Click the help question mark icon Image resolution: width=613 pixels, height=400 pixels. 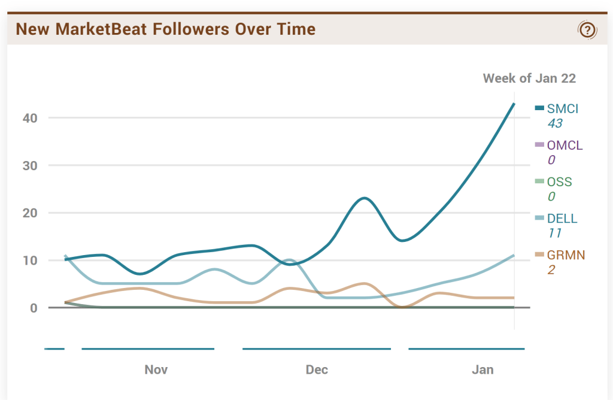pos(587,29)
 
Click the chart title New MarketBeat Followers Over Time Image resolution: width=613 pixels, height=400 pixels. pos(165,29)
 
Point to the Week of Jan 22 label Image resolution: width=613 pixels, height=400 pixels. pos(529,78)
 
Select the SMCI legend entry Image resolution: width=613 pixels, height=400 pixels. pos(562,108)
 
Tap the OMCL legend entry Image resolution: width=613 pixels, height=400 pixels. pos(564,145)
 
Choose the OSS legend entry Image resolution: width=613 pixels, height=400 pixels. pos(559,181)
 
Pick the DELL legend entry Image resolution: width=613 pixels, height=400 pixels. pos(562,219)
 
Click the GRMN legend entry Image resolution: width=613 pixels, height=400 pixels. pos(565,255)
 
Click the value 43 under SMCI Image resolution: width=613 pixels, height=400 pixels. pos(555,123)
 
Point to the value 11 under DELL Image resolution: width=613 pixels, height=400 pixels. pos(553,233)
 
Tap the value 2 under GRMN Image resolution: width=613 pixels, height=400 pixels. pos(551,269)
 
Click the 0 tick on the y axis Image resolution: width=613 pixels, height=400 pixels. pos(34,308)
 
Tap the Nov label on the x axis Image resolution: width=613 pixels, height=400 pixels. pos(156,369)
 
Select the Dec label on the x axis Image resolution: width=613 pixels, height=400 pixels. pos(317,369)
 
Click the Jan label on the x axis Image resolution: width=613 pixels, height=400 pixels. pos(482,369)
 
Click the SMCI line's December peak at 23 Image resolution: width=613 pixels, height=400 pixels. pos(364,198)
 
